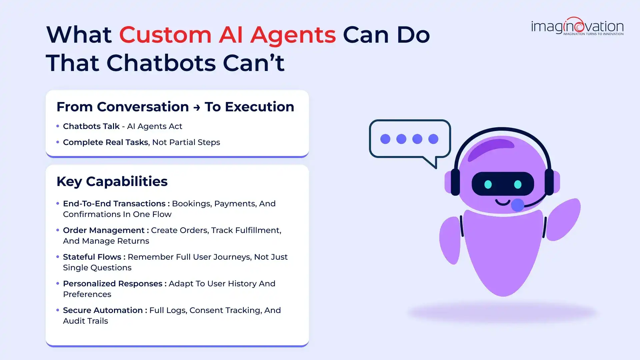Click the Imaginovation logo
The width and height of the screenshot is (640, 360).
pyautogui.click(x=577, y=26)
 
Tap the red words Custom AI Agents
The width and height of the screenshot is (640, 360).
pyautogui.click(x=227, y=35)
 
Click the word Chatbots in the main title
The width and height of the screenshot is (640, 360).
pyautogui.click(x=161, y=63)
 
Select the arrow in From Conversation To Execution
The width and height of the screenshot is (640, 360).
pyautogui.click(x=197, y=107)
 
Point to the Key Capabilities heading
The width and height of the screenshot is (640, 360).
pyautogui.click(x=112, y=182)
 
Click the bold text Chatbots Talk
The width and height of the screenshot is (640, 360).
pyautogui.click(x=91, y=126)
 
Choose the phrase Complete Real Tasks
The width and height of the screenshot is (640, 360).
pyautogui.click(x=105, y=142)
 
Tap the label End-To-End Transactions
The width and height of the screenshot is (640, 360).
pyautogui.click(x=114, y=204)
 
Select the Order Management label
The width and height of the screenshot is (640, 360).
pyautogui.click(x=104, y=230)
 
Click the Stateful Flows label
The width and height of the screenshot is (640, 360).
pyautogui.click(x=92, y=257)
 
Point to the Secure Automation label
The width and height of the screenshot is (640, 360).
pyautogui.click(x=103, y=310)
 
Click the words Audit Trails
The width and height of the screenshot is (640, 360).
pyautogui.click(x=85, y=321)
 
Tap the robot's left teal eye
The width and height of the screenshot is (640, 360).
pyautogui.click(x=488, y=184)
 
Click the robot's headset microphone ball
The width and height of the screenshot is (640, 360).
pyautogui.click(x=517, y=205)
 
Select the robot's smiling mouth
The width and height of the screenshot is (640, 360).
pyautogui.click(x=502, y=202)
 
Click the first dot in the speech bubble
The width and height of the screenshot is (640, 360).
pyautogui.click(x=385, y=139)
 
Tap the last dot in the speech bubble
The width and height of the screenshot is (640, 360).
pyautogui.click(x=433, y=139)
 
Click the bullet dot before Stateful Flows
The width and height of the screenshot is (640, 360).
pyautogui.click(x=58, y=257)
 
